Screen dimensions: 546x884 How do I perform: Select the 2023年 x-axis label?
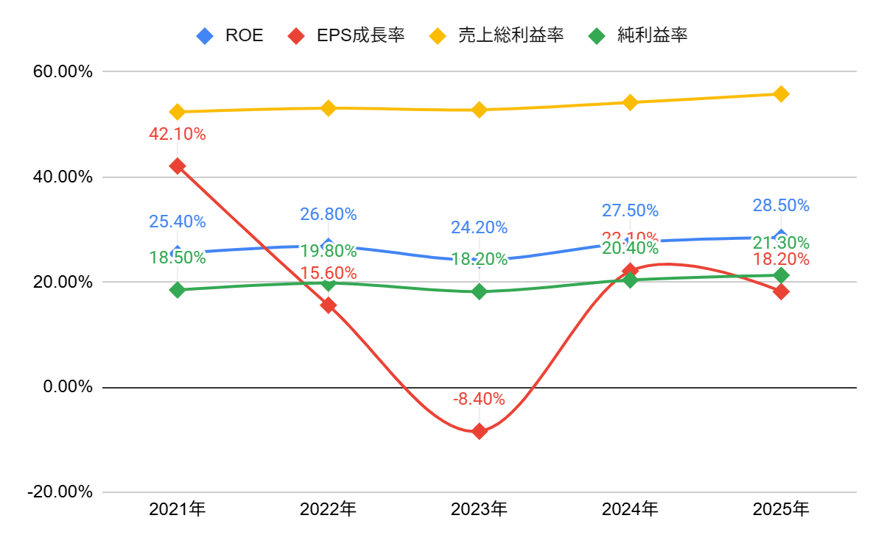[x=479, y=508]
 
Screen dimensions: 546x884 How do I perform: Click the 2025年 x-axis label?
[x=781, y=508]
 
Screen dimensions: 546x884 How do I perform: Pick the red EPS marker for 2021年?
[x=177, y=166]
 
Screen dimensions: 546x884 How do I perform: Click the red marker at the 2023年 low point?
[x=479, y=431]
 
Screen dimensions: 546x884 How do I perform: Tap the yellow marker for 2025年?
[x=781, y=93]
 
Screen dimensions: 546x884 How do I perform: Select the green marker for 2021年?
[x=177, y=290]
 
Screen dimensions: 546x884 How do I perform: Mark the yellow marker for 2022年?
[x=329, y=108]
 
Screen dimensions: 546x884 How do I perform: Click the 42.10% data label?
[x=177, y=135]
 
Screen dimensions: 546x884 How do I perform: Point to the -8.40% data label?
[x=479, y=400]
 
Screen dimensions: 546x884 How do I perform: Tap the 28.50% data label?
[x=781, y=205]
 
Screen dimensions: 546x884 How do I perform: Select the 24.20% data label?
[x=479, y=227]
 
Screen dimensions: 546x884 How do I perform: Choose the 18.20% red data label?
[x=781, y=260]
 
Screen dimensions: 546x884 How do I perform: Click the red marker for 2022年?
[x=329, y=305]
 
